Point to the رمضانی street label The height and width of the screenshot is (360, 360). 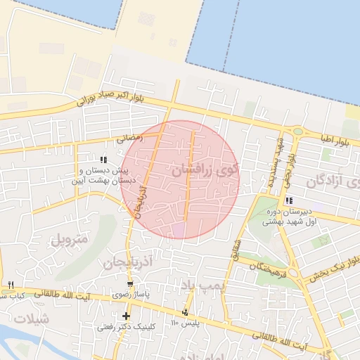pos(131,139)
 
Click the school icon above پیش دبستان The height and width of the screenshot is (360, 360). pos(104,160)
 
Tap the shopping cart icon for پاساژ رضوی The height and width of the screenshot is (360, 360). pos(129,284)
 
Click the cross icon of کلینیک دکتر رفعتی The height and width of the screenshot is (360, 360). pos(126,316)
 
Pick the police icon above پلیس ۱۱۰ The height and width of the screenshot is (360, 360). pos(185,312)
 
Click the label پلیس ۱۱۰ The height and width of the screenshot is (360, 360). pos(186,323)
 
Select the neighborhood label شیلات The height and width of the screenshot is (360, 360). pos(32,319)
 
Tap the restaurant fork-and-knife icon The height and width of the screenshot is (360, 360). pos(11,285)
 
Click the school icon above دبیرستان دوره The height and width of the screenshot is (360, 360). pos(288,200)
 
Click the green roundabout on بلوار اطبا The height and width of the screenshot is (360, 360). pos(298,131)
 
